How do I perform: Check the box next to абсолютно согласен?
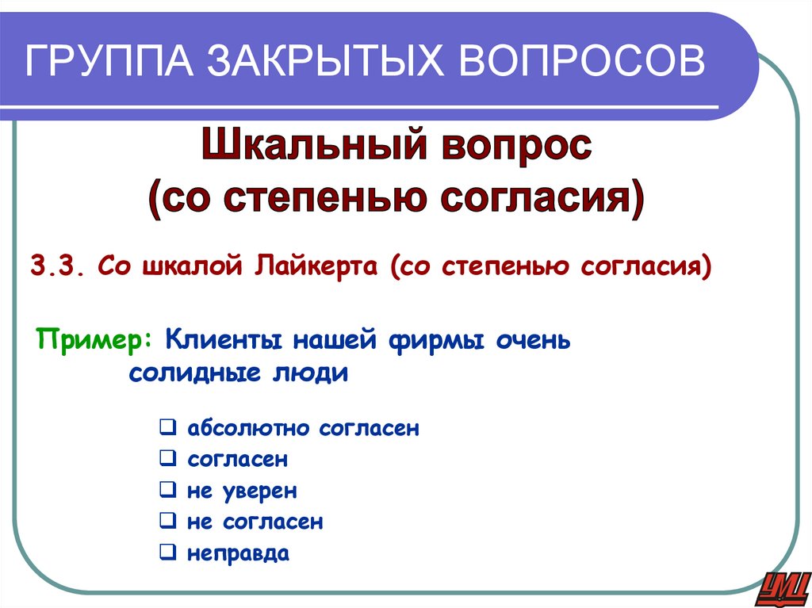167,428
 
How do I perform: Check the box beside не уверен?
167,490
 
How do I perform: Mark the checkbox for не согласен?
167,521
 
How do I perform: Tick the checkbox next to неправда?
167,552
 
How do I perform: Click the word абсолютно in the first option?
250,429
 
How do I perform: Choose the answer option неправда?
238,553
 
